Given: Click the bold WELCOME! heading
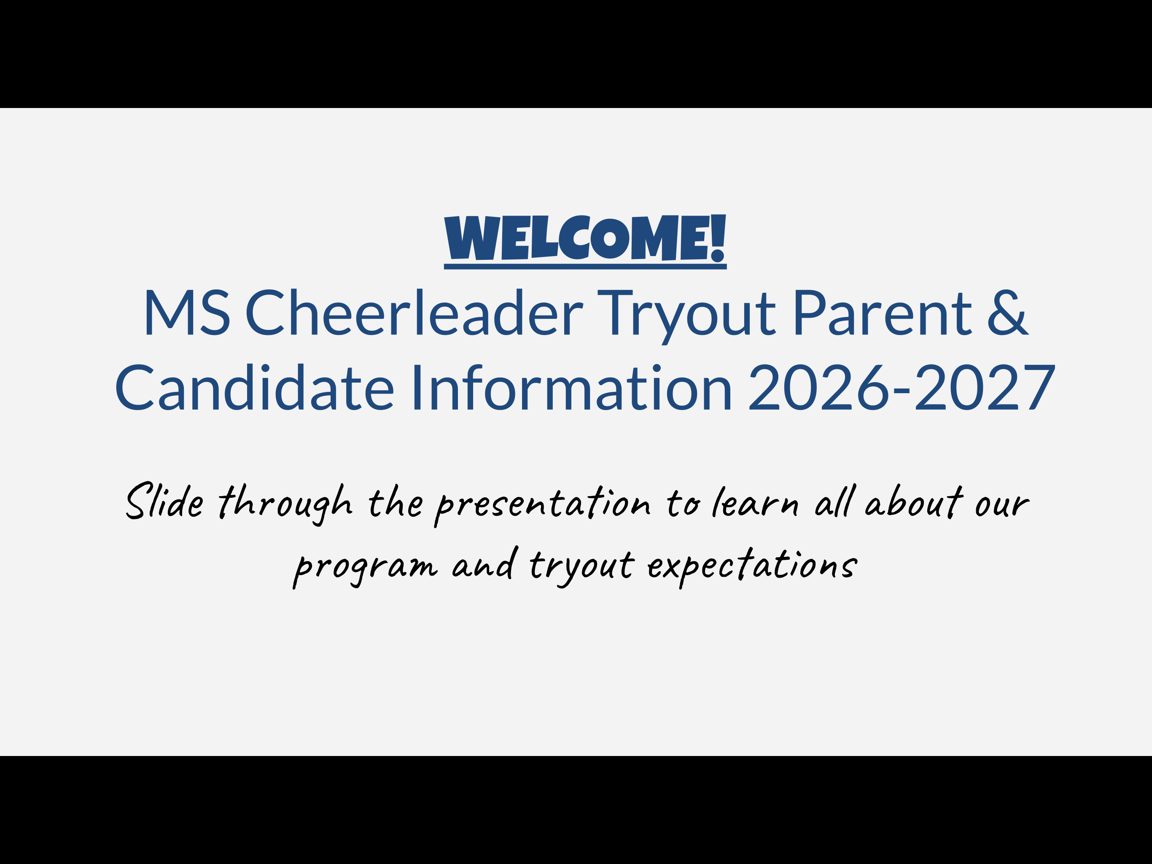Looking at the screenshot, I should [584, 238].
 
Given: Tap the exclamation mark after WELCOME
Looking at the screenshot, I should [717, 238].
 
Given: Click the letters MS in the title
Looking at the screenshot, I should [186, 313].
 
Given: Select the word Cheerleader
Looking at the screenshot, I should [414, 313].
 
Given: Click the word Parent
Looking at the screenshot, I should [882, 313].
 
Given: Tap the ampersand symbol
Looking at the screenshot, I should [1007, 313].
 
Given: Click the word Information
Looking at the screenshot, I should [571, 388].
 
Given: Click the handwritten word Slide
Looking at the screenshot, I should [164, 501].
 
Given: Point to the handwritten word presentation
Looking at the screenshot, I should [543, 505].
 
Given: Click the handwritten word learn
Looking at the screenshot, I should [755, 502].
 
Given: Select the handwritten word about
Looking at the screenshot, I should [914, 502].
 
